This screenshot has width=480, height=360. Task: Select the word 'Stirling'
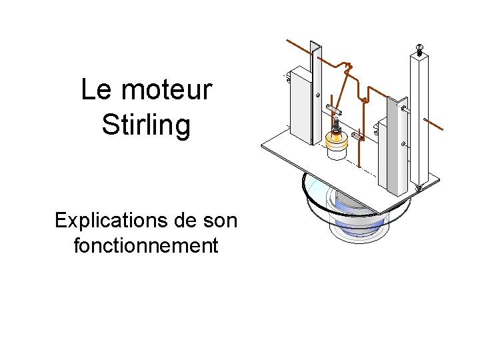tap(146, 125)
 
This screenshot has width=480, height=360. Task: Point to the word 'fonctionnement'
tap(146, 245)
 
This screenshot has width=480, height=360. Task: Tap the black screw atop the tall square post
tap(419, 49)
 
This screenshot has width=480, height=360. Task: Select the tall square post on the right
tap(418, 120)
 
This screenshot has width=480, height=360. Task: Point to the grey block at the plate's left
tap(300, 107)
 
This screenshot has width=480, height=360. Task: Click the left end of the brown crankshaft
tap(288, 41)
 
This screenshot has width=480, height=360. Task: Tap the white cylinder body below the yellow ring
tap(337, 153)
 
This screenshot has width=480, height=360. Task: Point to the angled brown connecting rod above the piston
tap(341, 93)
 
